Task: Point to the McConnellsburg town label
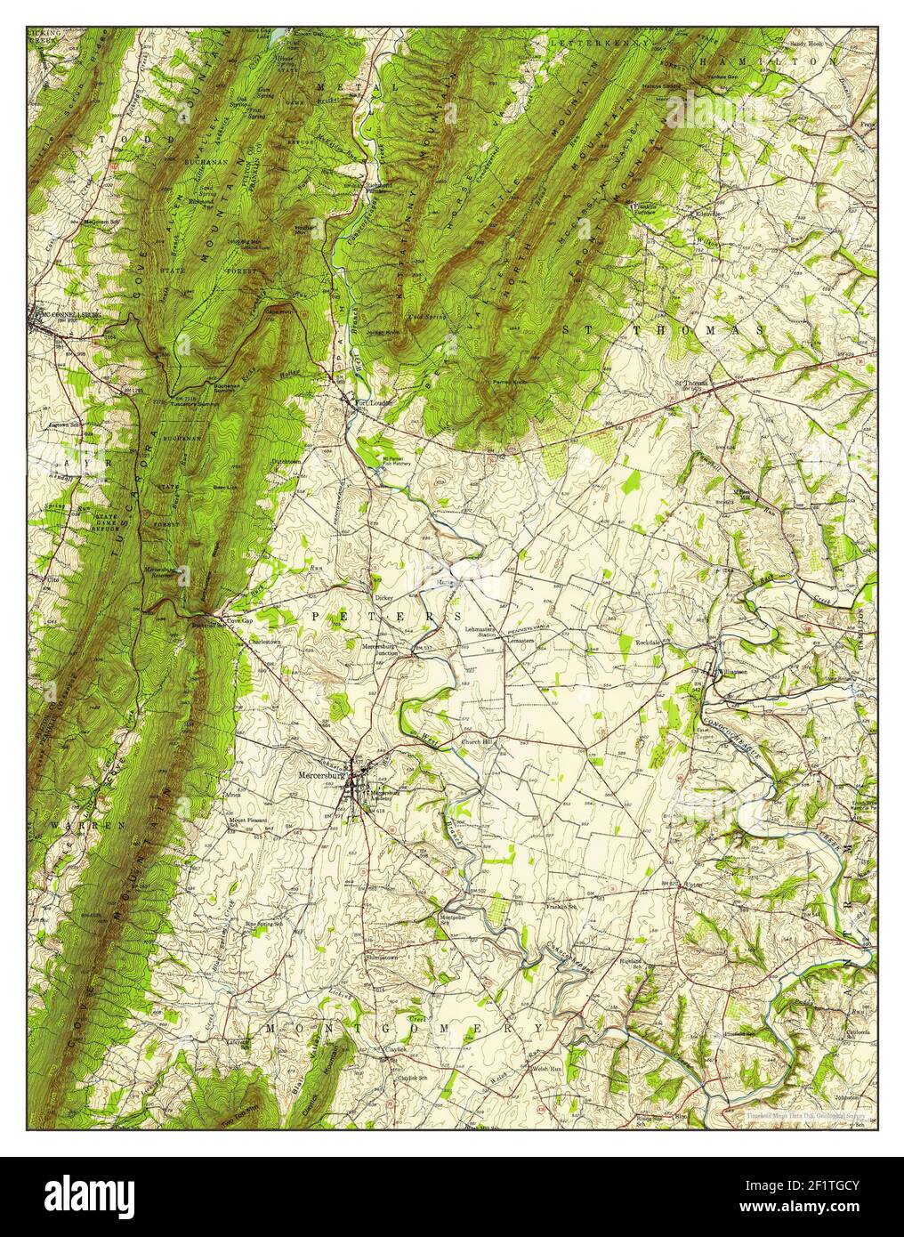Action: pyautogui.click(x=64, y=315)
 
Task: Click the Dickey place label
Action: pyautogui.click(x=383, y=598)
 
